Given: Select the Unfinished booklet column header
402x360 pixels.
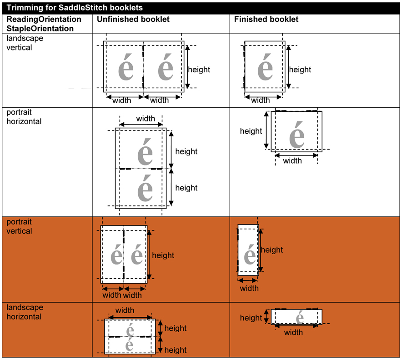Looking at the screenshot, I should [133, 20].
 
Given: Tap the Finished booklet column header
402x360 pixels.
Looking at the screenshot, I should [266, 20].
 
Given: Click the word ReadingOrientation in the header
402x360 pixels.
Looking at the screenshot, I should [44, 20].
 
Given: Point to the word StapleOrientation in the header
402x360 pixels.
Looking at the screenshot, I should [40, 28].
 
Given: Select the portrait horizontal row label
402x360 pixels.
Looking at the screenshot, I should [24, 117].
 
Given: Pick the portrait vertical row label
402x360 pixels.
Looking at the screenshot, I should [20, 226].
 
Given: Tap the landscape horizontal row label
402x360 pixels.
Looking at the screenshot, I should [25, 312].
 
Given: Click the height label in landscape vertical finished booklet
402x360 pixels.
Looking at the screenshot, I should [300, 70].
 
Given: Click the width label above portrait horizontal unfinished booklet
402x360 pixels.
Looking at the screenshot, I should [146, 119].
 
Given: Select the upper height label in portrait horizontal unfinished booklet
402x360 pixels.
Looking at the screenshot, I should [186, 151].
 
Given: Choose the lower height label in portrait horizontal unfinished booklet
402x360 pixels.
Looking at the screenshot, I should [186, 188].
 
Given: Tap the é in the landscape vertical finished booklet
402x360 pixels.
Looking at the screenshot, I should [265, 68].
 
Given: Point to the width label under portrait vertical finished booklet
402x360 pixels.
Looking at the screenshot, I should [249, 288].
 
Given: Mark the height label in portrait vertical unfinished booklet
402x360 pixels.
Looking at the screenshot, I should [163, 255].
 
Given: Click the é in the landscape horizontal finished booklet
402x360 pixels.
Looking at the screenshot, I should [300, 317].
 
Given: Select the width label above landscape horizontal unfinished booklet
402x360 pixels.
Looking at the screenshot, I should [125, 310].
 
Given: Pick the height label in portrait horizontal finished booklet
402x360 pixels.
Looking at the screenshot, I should [251, 131].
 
